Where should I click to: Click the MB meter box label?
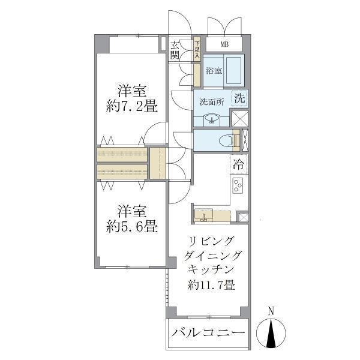(x=224, y=44)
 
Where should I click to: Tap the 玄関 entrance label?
(x=175, y=50)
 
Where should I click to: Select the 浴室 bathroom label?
(x=214, y=71)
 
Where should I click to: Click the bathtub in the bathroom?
(x=234, y=71)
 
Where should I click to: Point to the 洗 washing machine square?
(x=239, y=98)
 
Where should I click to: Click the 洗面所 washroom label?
(x=211, y=101)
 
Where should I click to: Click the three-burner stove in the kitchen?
(x=238, y=185)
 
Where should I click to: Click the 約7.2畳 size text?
(x=131, y=107)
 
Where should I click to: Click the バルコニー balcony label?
(x=208, y=332)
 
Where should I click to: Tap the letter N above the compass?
(x=271, y=311)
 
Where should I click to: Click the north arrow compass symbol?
(x=271, y=332)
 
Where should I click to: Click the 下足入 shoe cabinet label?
(x=196, y=50)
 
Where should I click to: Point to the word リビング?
(x=211, y=242)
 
